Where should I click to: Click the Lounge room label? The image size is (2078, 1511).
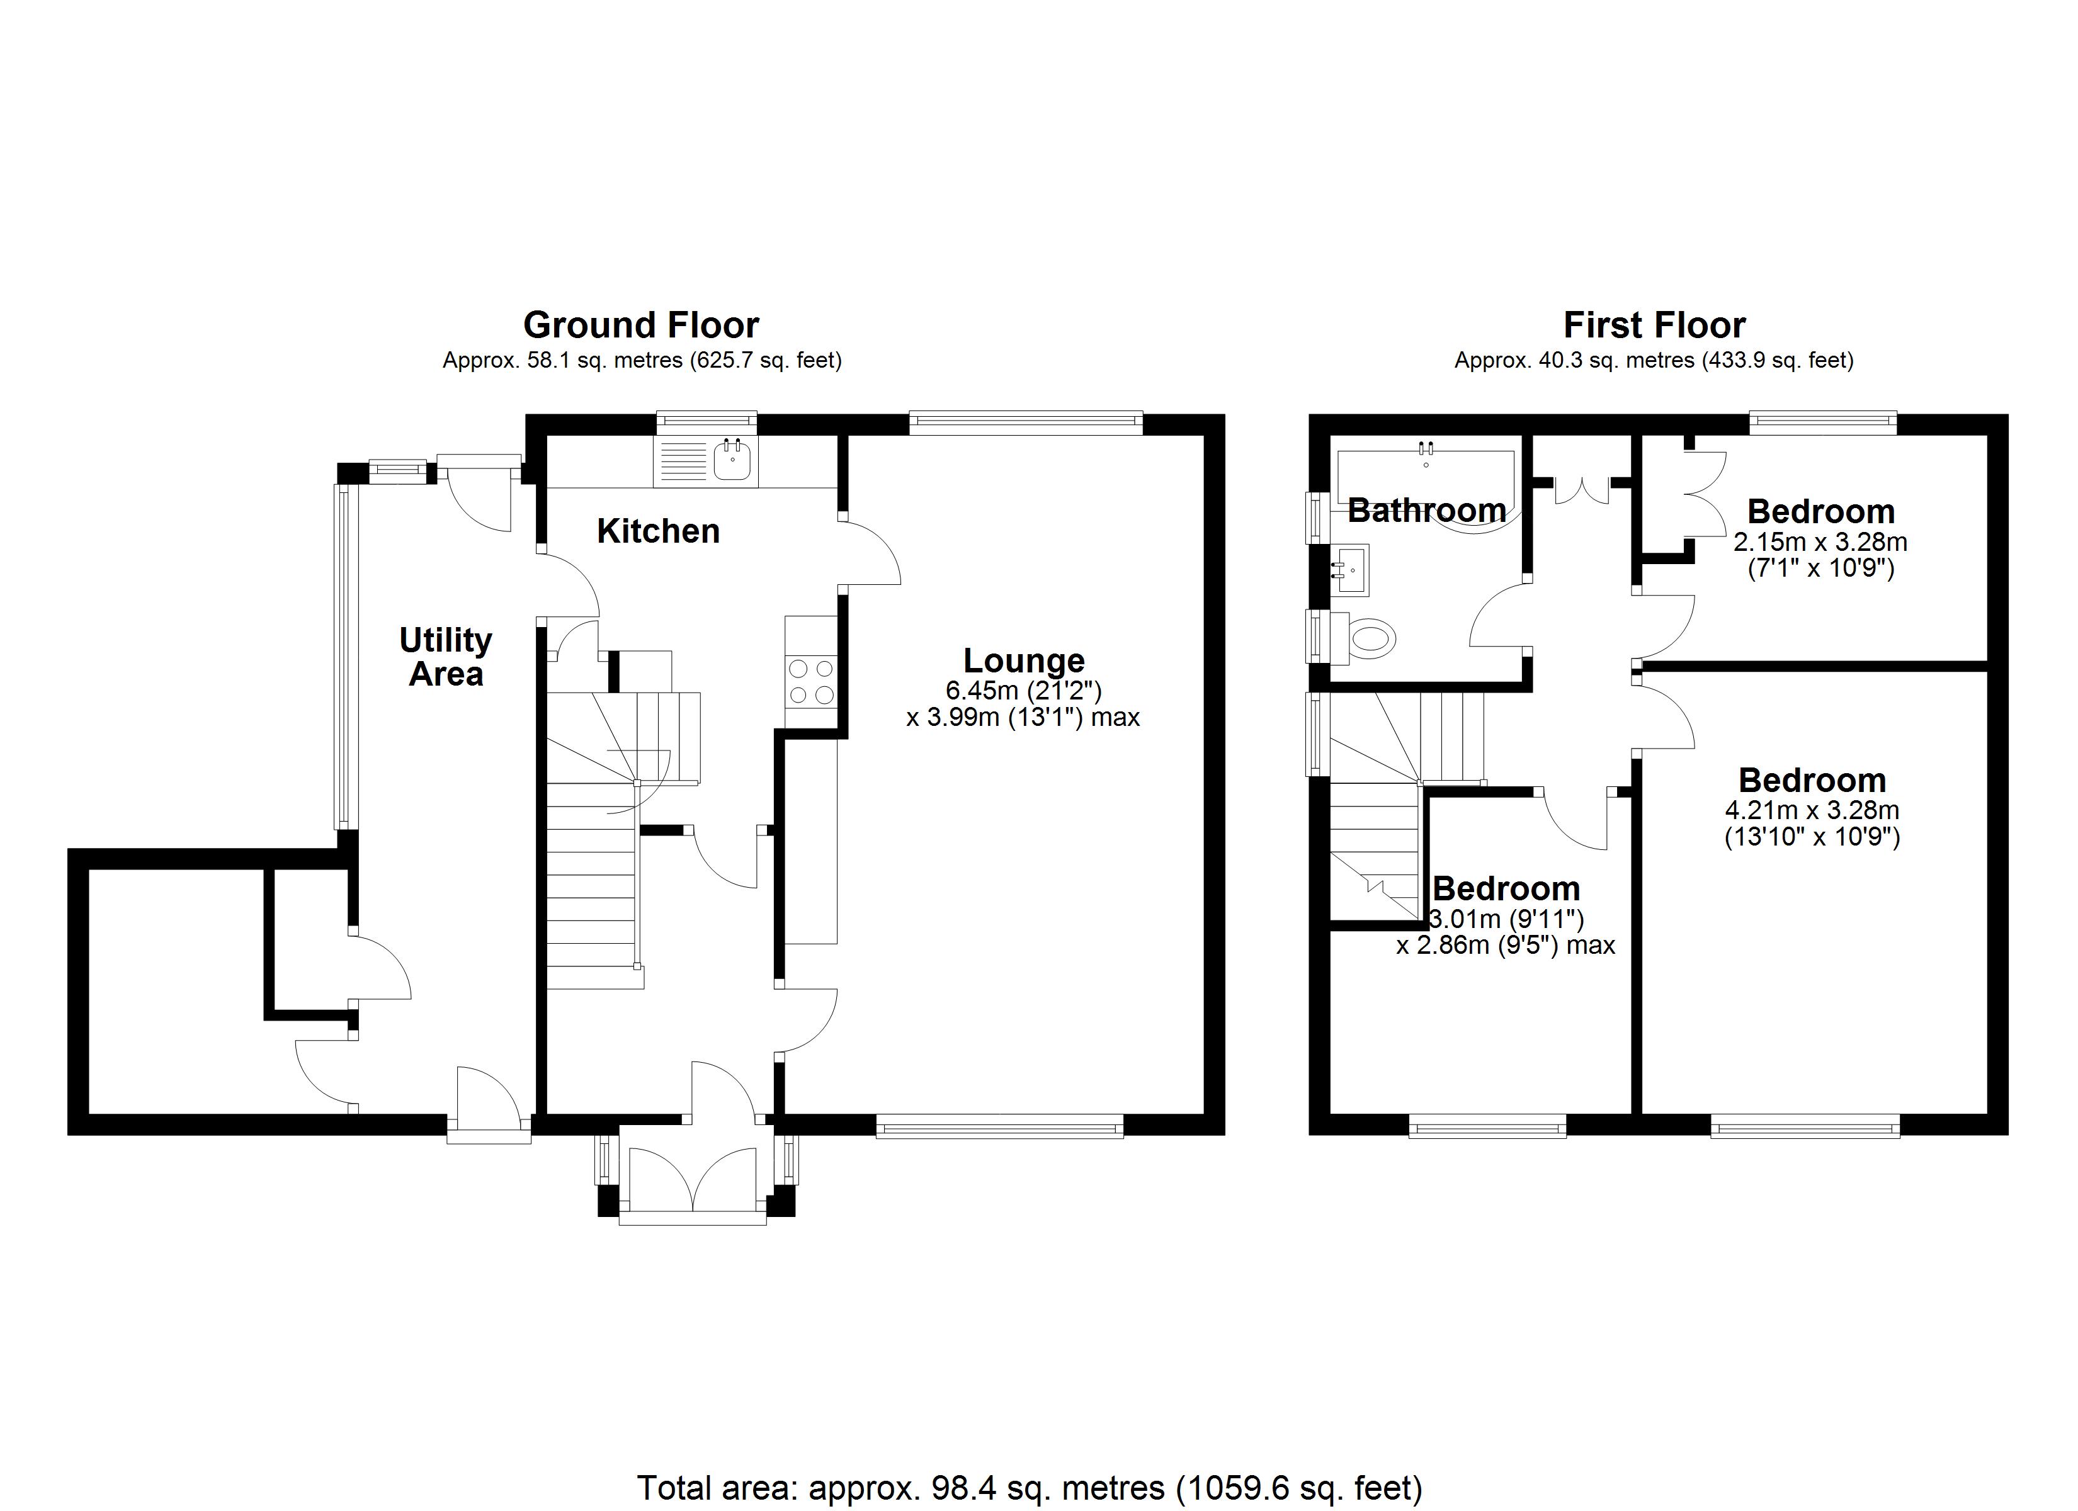[1023, 660]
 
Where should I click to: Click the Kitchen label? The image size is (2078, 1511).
[658, 531]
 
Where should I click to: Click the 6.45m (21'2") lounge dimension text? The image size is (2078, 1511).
[1023, 690]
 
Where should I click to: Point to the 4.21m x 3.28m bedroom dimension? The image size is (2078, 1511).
[1812, 810]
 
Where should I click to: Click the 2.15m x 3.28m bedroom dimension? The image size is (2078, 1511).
[1820, 541]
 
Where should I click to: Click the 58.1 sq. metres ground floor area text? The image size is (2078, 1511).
[642, 360]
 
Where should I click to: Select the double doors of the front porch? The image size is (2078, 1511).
[693, 1182]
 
